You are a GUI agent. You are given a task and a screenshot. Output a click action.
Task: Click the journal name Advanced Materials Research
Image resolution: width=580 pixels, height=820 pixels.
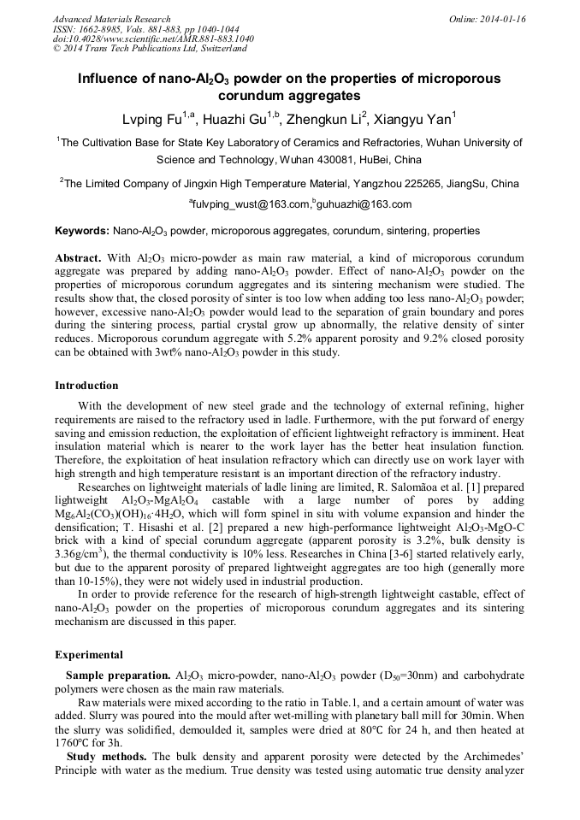(x=111, y=19)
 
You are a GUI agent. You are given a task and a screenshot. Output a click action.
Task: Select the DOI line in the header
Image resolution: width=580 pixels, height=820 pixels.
(x=152, y=38)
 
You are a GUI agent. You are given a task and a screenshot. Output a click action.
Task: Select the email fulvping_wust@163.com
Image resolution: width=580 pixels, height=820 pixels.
(x=249, y=204)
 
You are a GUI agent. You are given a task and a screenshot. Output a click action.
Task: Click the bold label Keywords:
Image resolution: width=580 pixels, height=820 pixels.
(x=82, y=231)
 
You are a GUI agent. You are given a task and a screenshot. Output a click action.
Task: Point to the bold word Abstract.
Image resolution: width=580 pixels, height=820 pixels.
(x=79, y=257)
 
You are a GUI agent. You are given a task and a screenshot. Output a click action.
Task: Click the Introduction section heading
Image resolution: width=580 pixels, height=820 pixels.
(x=87, y=386)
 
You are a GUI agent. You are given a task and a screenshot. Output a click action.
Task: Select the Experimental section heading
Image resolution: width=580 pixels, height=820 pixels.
(x=89, y=655)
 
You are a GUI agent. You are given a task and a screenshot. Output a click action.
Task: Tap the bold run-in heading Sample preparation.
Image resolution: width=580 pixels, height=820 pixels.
(x=118, y=675)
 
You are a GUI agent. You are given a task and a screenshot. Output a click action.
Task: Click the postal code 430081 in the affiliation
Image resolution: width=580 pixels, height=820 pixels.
(x=315, y=160)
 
